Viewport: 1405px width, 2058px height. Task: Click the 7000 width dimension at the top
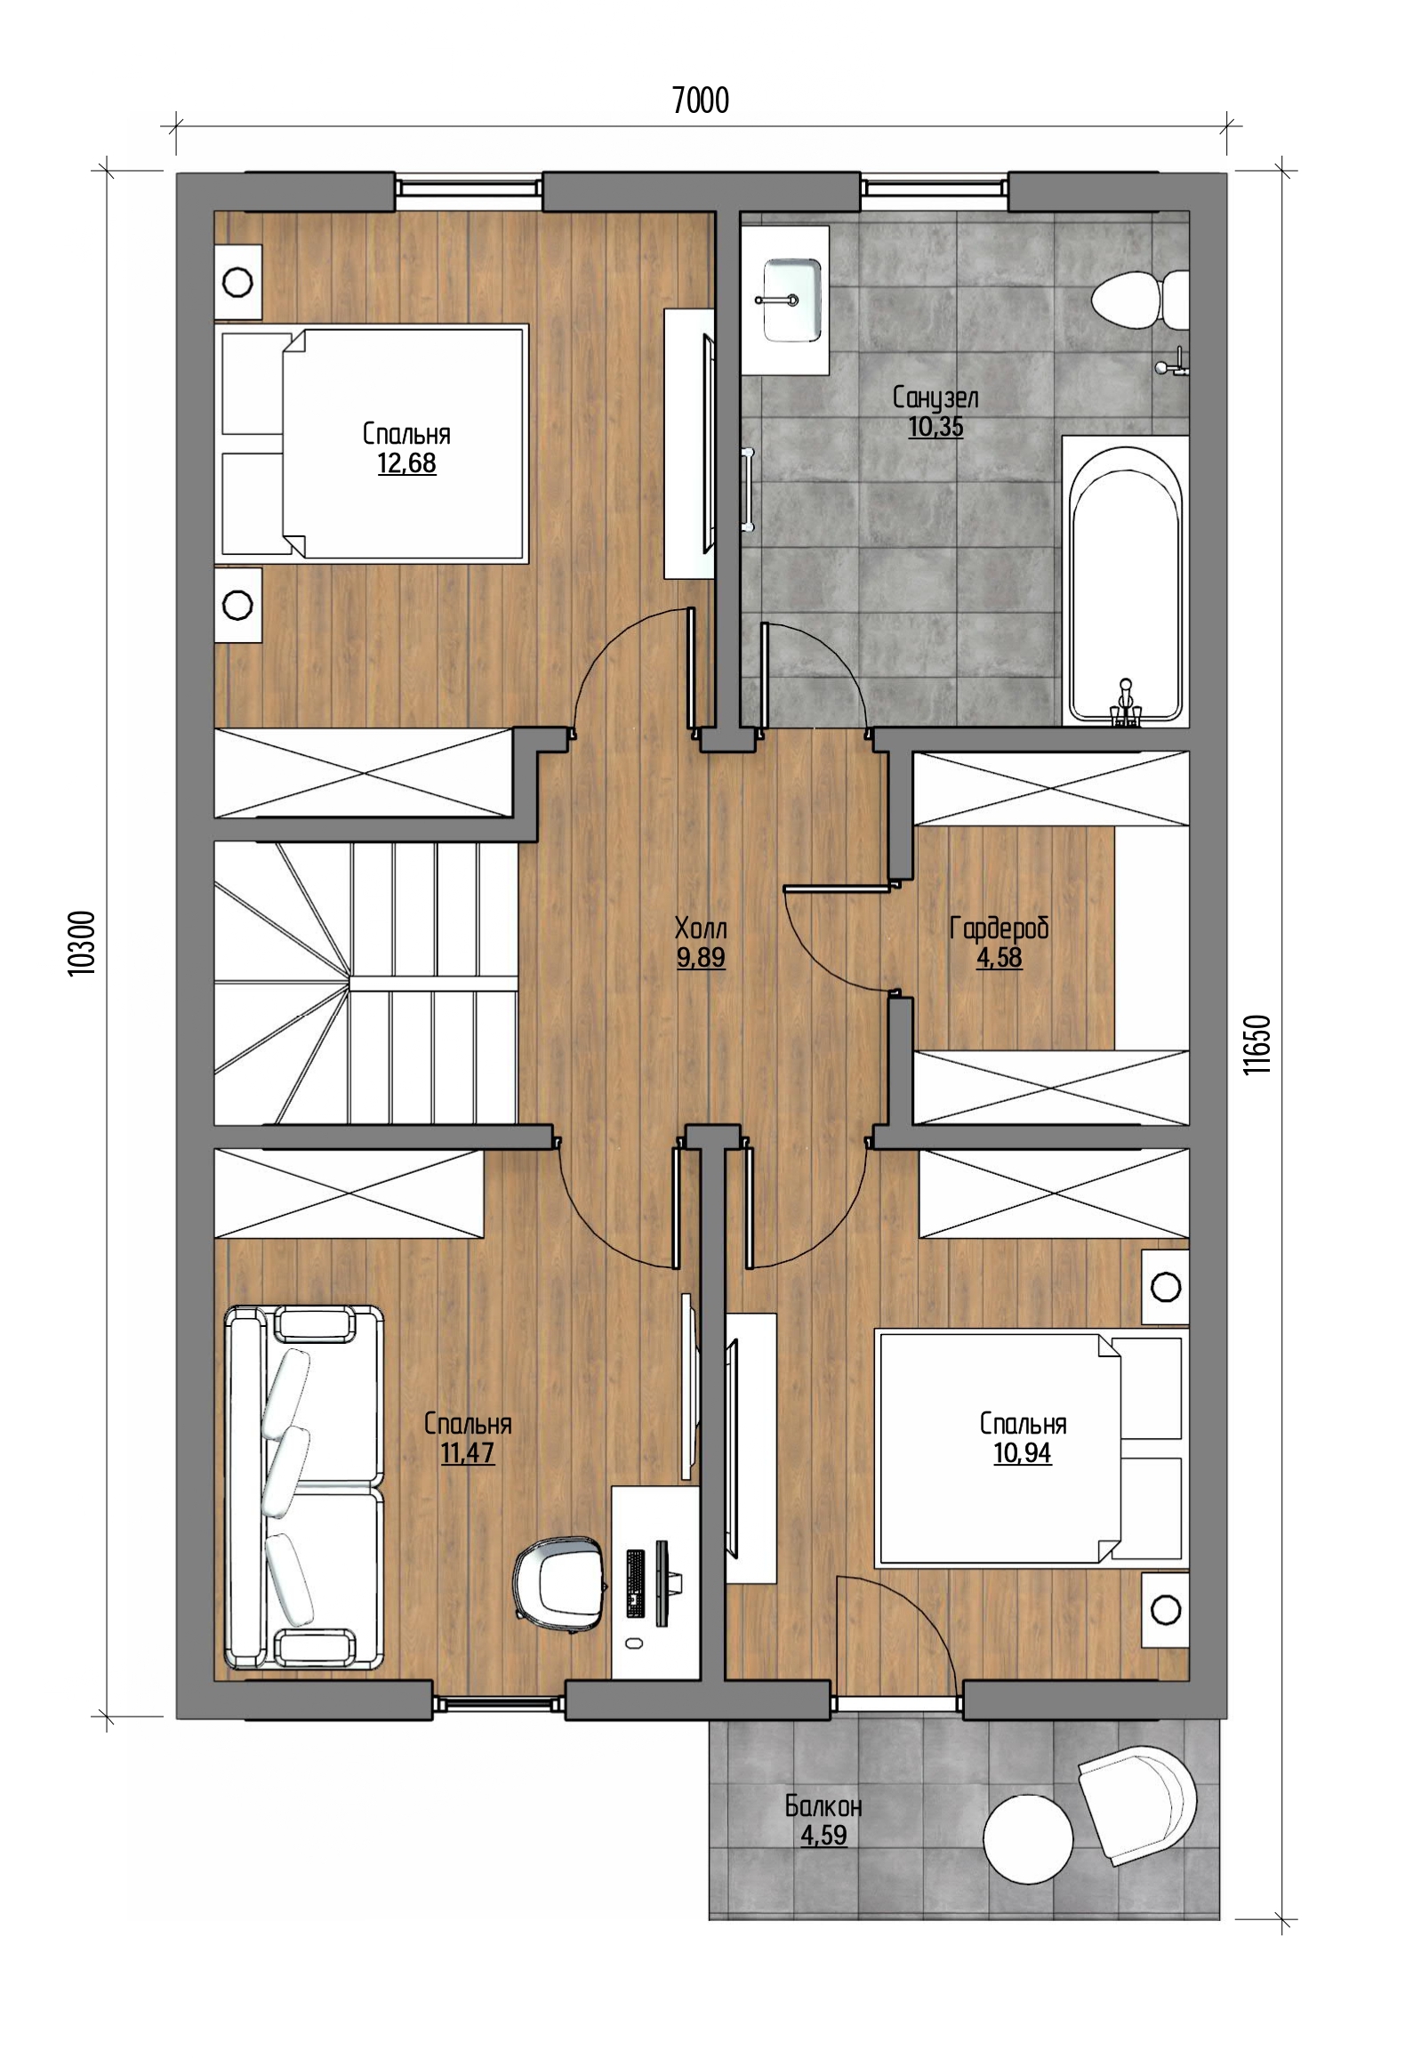pyautogui.click(x=701, y=100)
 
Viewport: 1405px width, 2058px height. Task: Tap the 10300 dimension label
pyautogui.click(x=81, y=944)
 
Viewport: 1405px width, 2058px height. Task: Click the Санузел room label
pyautogui.click(x=935, y=398)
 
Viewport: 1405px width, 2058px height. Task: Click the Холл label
pyautogui.click(x=701, y=929)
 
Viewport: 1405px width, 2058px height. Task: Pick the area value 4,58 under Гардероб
pyautogui.click(x=999, y=958)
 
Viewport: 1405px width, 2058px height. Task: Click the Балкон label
pyautogui.click(x=823, y=1806)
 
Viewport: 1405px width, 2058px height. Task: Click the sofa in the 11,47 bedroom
pyautogui.click(x=304, y=1490)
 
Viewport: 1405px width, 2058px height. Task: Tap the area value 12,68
pyautogui.click(x=406, y=463)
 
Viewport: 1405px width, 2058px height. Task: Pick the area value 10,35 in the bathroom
pyautogui.click(x=935, y=427)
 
